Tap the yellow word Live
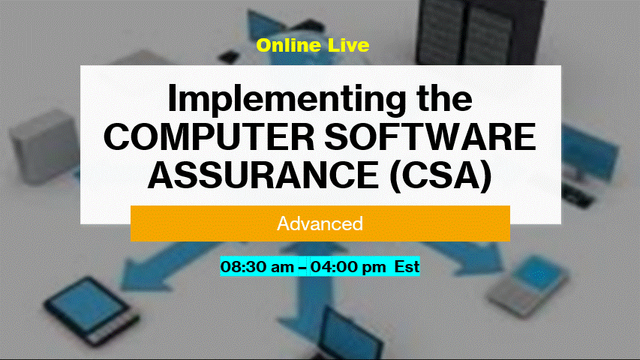pos(349,45)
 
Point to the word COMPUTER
pos(209,137)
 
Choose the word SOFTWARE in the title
pos(430,137)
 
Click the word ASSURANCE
pos(263,175)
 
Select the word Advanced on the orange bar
pos(320,223)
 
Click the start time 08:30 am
pos(257,267)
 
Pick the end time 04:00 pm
pos(348,267)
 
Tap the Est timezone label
pos(407,267)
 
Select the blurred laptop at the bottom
pos(351,335)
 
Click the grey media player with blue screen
pos(527,286)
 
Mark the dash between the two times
pos(302,267)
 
